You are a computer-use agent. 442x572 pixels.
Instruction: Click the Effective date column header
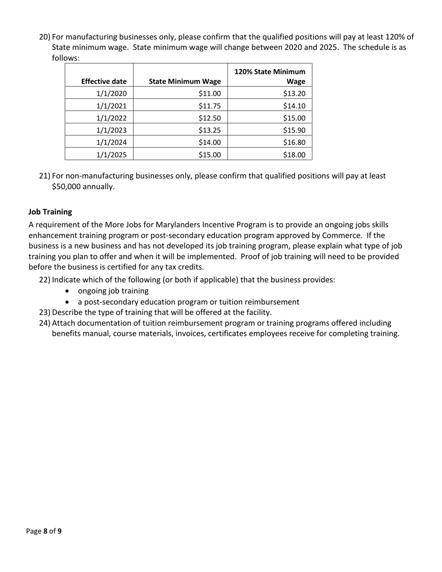tap(104, 81)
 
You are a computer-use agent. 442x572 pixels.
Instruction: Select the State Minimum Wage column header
tap(184, 81)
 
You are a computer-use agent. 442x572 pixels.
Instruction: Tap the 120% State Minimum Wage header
tap(270, 77)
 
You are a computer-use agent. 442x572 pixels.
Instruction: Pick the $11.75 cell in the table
tap(209, 106)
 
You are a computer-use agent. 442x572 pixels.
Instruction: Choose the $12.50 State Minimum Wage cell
tap(209, 118)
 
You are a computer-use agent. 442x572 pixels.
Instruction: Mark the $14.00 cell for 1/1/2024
tap(209, 143)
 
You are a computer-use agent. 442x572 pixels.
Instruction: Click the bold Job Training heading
tap(50, 212)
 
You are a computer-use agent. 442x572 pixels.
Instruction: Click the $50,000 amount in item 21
tap(67, 187)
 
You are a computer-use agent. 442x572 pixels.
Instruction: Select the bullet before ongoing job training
tap(69, 291)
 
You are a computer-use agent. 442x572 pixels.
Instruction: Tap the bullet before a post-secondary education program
tap(69, 302)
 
